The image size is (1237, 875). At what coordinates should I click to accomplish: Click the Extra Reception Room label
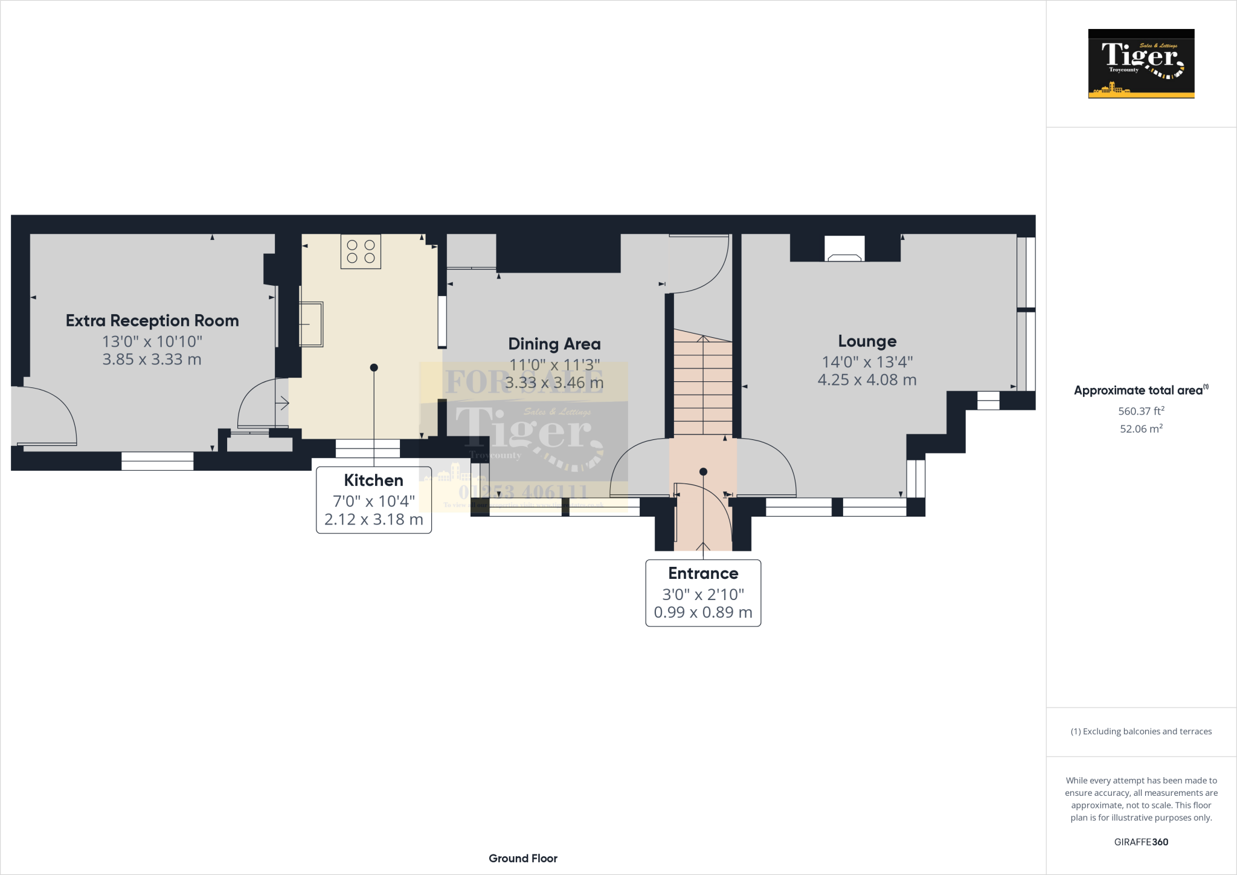tap(152, 321)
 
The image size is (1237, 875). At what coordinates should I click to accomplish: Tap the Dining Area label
tap(554, 344)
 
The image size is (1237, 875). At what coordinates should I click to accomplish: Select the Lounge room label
tap(867, 341)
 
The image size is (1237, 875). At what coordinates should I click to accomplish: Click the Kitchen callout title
tap(373, 480)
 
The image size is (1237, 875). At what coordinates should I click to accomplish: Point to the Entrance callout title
tap(703, 573)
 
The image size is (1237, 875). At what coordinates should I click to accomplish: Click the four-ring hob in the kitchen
tap(361, 251)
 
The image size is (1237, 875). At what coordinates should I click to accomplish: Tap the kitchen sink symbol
tap(311, 324)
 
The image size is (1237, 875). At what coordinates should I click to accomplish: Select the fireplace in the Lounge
tap(844, 250)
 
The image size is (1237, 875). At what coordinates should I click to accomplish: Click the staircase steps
tap(702, 387)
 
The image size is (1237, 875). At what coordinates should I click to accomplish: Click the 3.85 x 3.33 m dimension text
tap(152, 360)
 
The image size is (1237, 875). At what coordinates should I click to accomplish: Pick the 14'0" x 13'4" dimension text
tap(867, 362)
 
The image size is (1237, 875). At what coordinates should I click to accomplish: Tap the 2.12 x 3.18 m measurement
tap(373, 520)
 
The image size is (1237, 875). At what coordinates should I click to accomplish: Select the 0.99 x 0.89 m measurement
tap(703, 613)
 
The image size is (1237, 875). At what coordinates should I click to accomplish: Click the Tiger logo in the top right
tap(1141, 63)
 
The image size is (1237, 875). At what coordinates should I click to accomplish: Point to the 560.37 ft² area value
tap(1141, 411)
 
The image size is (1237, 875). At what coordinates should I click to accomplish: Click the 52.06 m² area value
tap(1141, 428)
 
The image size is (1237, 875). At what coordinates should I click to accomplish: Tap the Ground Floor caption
tap(523, 858)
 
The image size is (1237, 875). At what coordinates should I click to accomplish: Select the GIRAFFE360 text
tap(1141, 842)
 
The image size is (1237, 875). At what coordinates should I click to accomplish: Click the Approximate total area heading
tap(1139, 390)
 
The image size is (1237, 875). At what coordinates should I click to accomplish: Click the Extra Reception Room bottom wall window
tap(157, 461)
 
